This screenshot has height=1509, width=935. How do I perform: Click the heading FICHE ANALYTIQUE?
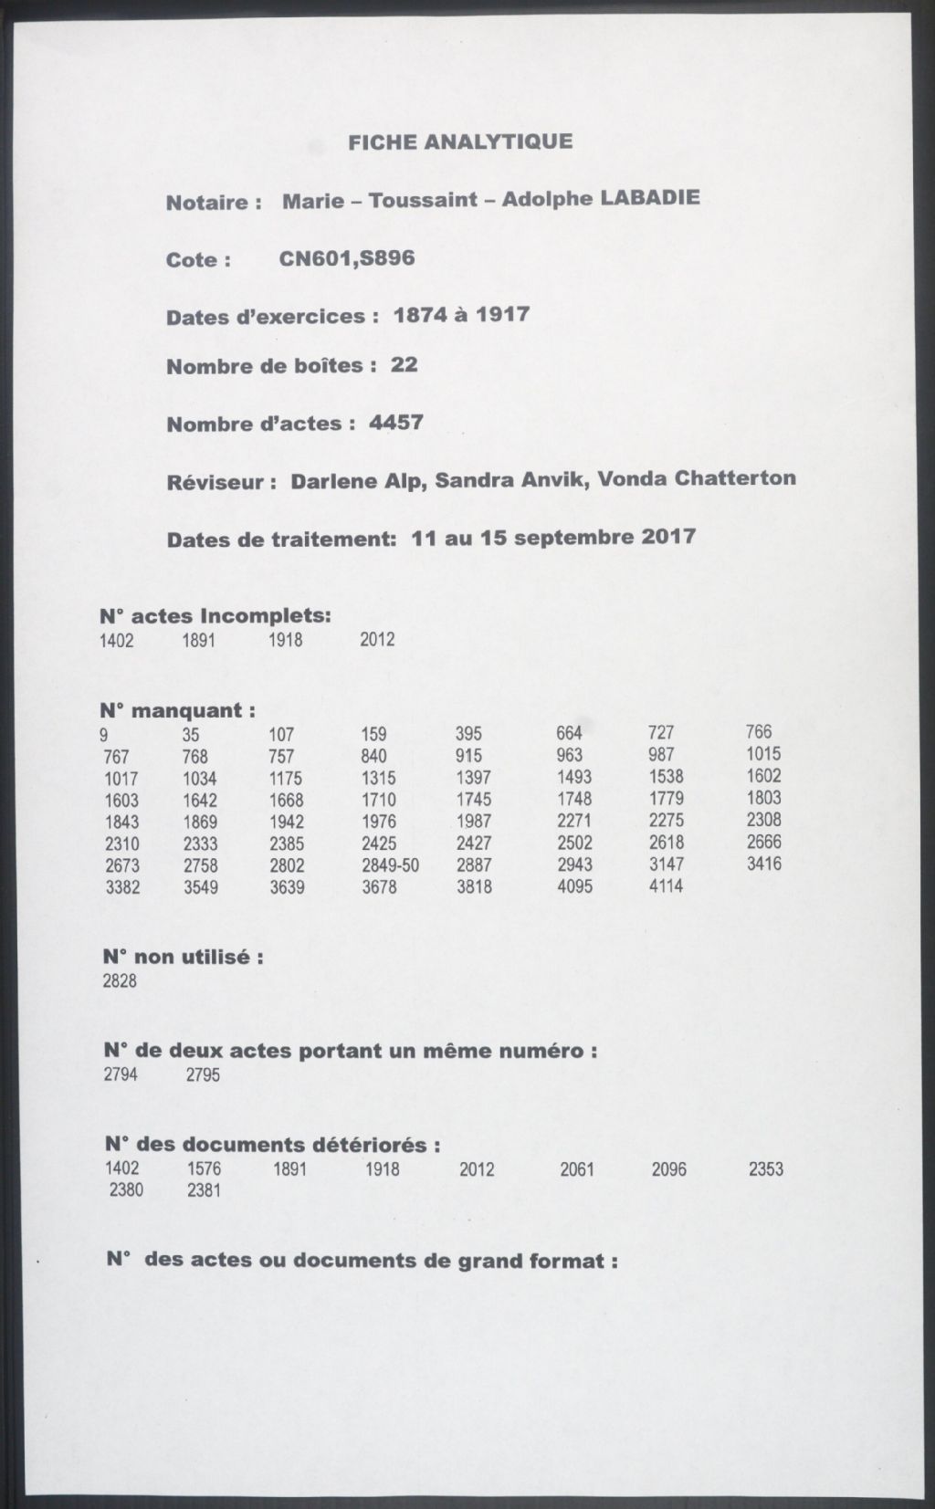[x=460, y=141]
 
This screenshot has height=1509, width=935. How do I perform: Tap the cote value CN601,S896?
[x=347, y=258]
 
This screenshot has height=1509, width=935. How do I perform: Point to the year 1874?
[x=420, y=315]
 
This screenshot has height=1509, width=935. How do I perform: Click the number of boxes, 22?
[x=404, y=365]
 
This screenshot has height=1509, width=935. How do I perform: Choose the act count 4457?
[x=396, y=423]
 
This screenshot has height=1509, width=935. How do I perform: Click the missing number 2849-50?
[x=391, y=865]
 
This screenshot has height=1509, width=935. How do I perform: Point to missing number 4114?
[x=666, y=885]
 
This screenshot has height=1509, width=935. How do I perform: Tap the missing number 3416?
[x=764, y=863]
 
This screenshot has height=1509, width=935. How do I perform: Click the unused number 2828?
[x=120, y=981]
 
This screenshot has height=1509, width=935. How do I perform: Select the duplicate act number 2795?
[x=203, y=1074]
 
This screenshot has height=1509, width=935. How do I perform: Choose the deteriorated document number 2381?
[x=204, y=1190]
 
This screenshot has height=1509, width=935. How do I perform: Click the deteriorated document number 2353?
[x=766, y=1168]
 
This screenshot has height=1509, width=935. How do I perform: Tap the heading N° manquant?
[x=178, y=710]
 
